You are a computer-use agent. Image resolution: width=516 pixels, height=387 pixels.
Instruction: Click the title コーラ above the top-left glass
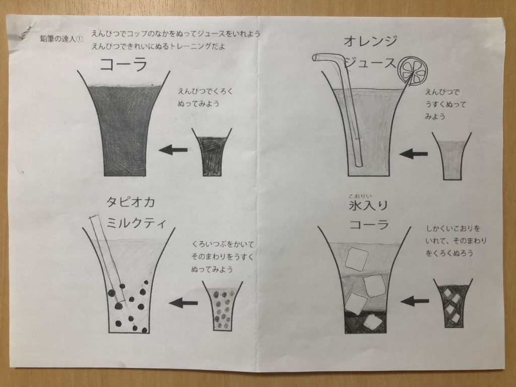(x=123, y=65)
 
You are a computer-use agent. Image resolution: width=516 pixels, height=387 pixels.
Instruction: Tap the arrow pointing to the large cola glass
(x=173, y=150)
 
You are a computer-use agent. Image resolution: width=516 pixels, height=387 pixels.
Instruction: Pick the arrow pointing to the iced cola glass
(x=415, y=301)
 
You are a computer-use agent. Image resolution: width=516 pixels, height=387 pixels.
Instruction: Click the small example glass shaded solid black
(x=212, y=152)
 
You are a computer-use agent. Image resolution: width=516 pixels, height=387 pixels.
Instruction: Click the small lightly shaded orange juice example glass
(x=451, y=157)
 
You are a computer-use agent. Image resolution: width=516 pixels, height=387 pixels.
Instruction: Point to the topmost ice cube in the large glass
(x=355, y=258)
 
